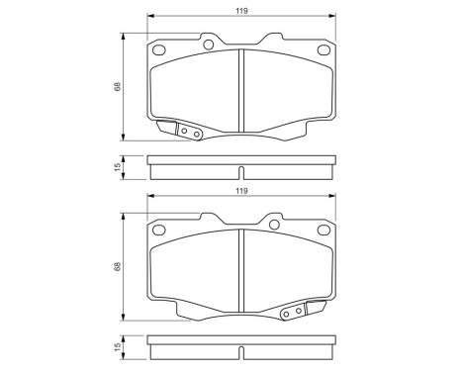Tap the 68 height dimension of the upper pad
pos(117,87)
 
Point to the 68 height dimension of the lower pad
pos(117,267)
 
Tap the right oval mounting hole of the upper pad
pos(323,52)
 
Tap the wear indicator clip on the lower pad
pos(295,312)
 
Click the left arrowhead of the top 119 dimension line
pos(150,17)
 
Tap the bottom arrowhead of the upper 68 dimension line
pos(123,139)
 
